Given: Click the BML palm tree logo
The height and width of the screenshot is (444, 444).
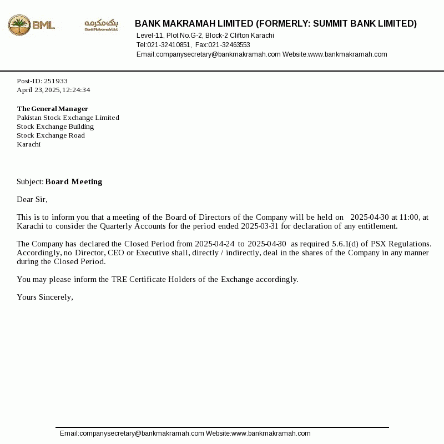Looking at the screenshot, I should [x=19, y=25].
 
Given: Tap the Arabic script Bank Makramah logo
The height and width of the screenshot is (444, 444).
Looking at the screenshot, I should [x=102, y=24].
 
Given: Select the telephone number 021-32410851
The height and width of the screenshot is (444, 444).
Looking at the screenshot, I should [x=169, y=45].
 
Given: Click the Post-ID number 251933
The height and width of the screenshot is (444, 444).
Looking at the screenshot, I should [x=56, y=81].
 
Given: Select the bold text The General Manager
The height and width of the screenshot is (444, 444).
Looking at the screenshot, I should [x=52, y=109].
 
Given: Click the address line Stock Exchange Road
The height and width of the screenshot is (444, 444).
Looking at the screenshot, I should [x=51, y=135].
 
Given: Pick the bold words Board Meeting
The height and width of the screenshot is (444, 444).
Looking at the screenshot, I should [x=74, y=181].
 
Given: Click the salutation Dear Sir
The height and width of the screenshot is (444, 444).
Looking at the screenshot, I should [x=32, y=199].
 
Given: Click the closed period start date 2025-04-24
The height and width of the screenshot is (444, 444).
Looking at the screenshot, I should [x=215, y=244].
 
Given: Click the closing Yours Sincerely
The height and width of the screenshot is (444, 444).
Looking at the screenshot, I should [x=44, y=297].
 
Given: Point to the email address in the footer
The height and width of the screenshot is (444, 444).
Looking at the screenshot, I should [x=132, y=433].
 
